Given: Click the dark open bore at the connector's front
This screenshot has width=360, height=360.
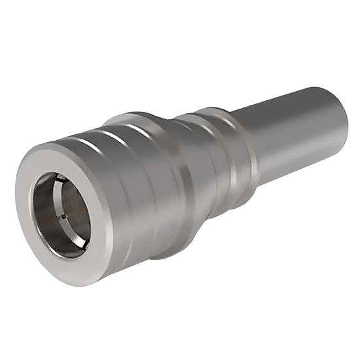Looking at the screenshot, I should click(x=65, y=213).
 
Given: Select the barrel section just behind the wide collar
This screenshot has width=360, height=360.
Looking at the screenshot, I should click(x=203, y=164).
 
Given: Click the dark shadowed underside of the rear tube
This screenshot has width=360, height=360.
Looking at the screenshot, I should click(x=301, y=160).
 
